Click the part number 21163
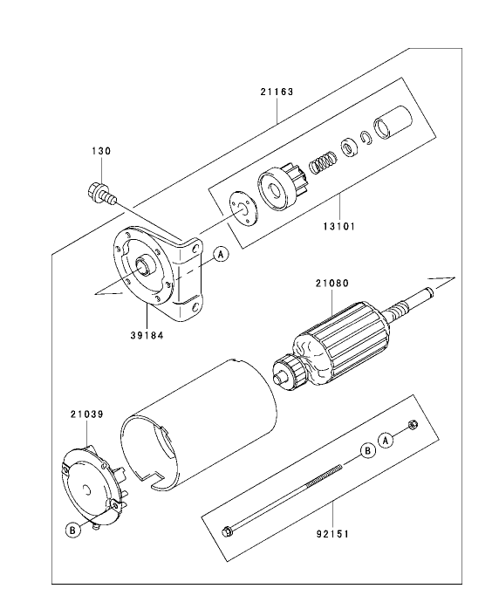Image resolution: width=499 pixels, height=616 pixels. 277,91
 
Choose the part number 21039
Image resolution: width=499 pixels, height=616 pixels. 87,414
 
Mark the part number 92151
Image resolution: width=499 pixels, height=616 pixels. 333,527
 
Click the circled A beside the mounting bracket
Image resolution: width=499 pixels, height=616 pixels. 220,254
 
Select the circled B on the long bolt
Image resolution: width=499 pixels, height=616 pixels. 367,450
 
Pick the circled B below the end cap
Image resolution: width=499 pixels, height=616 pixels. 73,529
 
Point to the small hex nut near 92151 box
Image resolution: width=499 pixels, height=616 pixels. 413,426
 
